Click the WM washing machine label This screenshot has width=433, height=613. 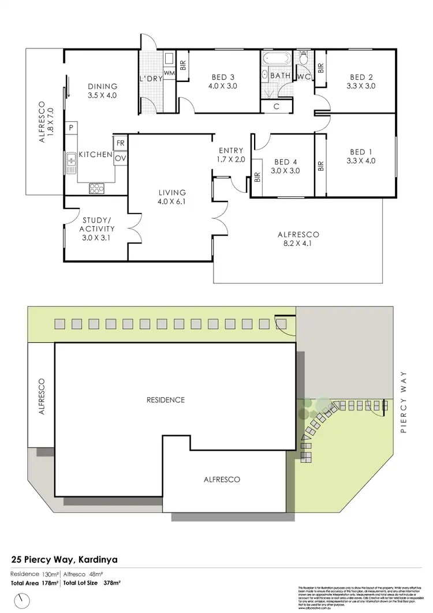click(169, 73)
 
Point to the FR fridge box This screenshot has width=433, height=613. click(121, 143)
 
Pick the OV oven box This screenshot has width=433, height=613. click(121, 158)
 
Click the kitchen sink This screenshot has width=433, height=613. click(71, 163)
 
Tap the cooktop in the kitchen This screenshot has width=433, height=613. click(96, 188)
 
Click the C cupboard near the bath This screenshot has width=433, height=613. click(277, 106)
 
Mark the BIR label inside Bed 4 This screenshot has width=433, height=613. click(256, 178)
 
